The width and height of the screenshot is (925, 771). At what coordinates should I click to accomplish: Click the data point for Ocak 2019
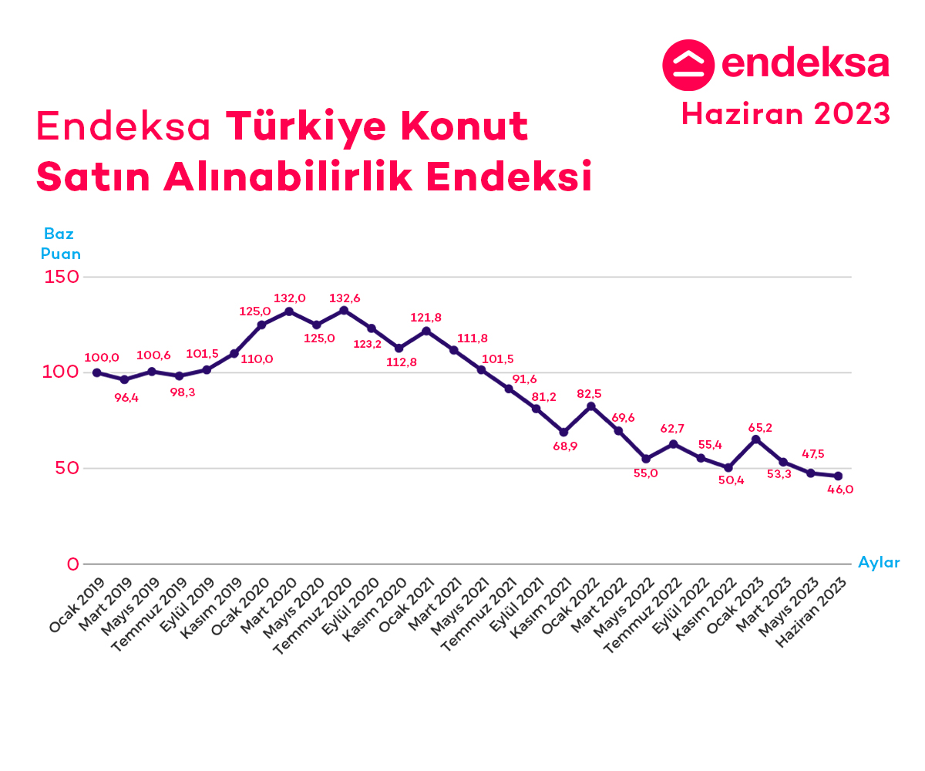point(97,372)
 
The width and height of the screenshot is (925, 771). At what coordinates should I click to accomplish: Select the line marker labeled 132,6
point(344,311)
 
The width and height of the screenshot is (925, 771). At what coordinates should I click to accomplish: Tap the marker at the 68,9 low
point(563,432)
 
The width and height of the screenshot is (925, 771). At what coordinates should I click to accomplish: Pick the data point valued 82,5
point(591,406)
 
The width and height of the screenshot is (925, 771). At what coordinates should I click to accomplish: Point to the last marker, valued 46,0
point(838,476)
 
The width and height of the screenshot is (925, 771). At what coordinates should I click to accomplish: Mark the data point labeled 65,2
point(756,439)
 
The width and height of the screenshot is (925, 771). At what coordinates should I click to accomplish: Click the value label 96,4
point(126,398)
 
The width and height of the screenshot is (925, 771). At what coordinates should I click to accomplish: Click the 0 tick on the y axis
point(72,564)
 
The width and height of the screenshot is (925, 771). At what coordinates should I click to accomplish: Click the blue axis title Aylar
point(879,563)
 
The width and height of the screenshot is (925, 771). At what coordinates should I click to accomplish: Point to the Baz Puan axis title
point(60,243)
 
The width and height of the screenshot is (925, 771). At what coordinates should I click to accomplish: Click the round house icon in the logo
point(688,65)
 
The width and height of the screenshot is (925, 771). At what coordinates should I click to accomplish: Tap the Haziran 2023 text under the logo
point(785,114)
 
